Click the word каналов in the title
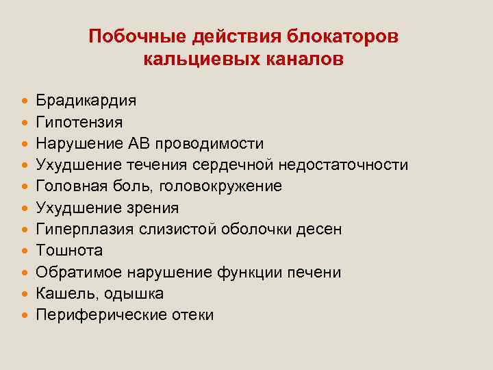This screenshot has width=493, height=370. click(304, 60)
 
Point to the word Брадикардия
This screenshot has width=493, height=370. click(86, 101)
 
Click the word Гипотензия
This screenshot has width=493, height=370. click(79, 123)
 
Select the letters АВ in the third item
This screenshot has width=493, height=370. click(140, 144)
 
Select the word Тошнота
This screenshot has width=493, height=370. click(68, 251)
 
